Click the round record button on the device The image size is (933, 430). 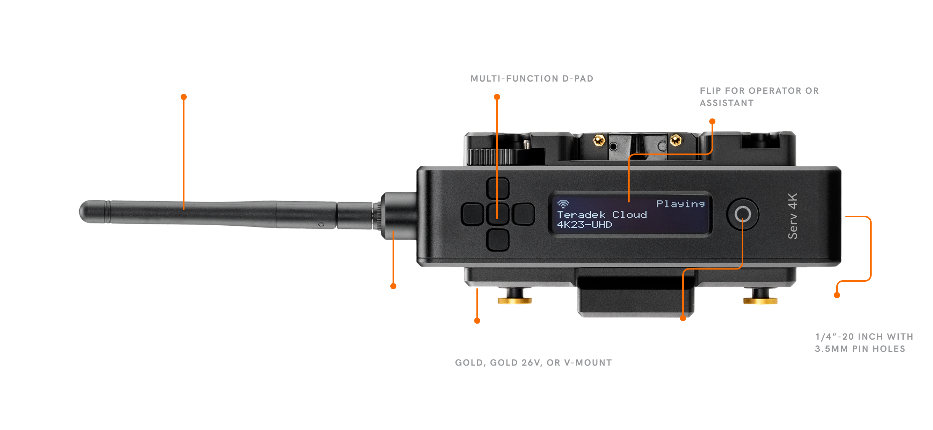(742, 214)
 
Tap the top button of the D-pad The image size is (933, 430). (498, 188)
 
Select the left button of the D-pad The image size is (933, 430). (472, 214)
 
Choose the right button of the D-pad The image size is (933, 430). (523, 214)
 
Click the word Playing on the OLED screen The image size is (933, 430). (680, 204)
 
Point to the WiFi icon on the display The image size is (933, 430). (563, 204)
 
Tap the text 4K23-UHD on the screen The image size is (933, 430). (584, 225)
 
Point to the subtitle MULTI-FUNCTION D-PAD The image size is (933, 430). (532, 79)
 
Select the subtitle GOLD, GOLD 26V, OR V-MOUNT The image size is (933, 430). (533, 363)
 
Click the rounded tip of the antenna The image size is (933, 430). (85, 212)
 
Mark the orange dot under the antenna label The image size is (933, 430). (184, 97)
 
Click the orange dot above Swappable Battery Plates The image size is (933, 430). (477, 321)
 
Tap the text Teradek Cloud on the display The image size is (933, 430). (602, 215)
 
